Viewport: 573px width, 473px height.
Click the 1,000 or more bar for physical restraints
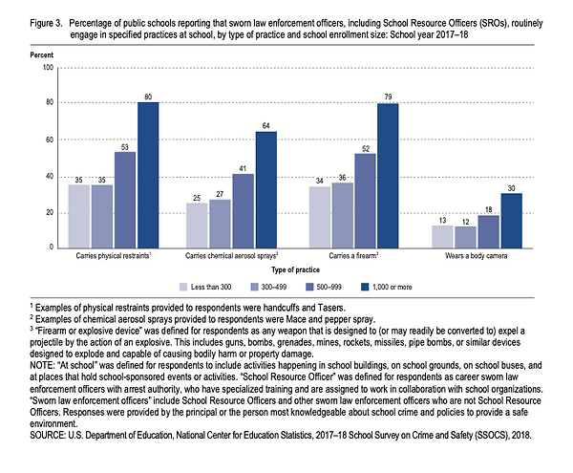(x=148, y=176)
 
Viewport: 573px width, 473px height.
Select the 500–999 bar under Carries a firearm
(x=365, y=201)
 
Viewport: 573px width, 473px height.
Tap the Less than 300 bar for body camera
(x=442, y=237)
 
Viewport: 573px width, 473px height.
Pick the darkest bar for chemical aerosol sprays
(x=266, y=190)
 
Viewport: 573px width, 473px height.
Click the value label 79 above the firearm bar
(x=388, y=97)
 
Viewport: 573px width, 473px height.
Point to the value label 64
(x=266, y=126)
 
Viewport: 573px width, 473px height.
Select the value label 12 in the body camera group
(x=466, y=222)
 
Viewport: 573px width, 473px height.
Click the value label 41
(x=243, y=168)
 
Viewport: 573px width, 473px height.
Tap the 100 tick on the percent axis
(x=49, y=68)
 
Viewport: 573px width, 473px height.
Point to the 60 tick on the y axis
(x=50, y=140)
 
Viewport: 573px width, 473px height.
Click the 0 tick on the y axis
(x=52, y=247)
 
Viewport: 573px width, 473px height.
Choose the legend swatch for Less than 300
(x=183, y=287)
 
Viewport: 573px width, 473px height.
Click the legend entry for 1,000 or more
(x=386, y=287)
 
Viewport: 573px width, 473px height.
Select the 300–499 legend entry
(x=268, y=287)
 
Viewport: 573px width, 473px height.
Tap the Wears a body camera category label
(x=477, y=256)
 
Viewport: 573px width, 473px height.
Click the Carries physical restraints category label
(x=114, y=255)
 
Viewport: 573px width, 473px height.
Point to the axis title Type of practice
(x=296, y=269)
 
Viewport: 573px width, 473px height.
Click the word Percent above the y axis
(x=42, y=55)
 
